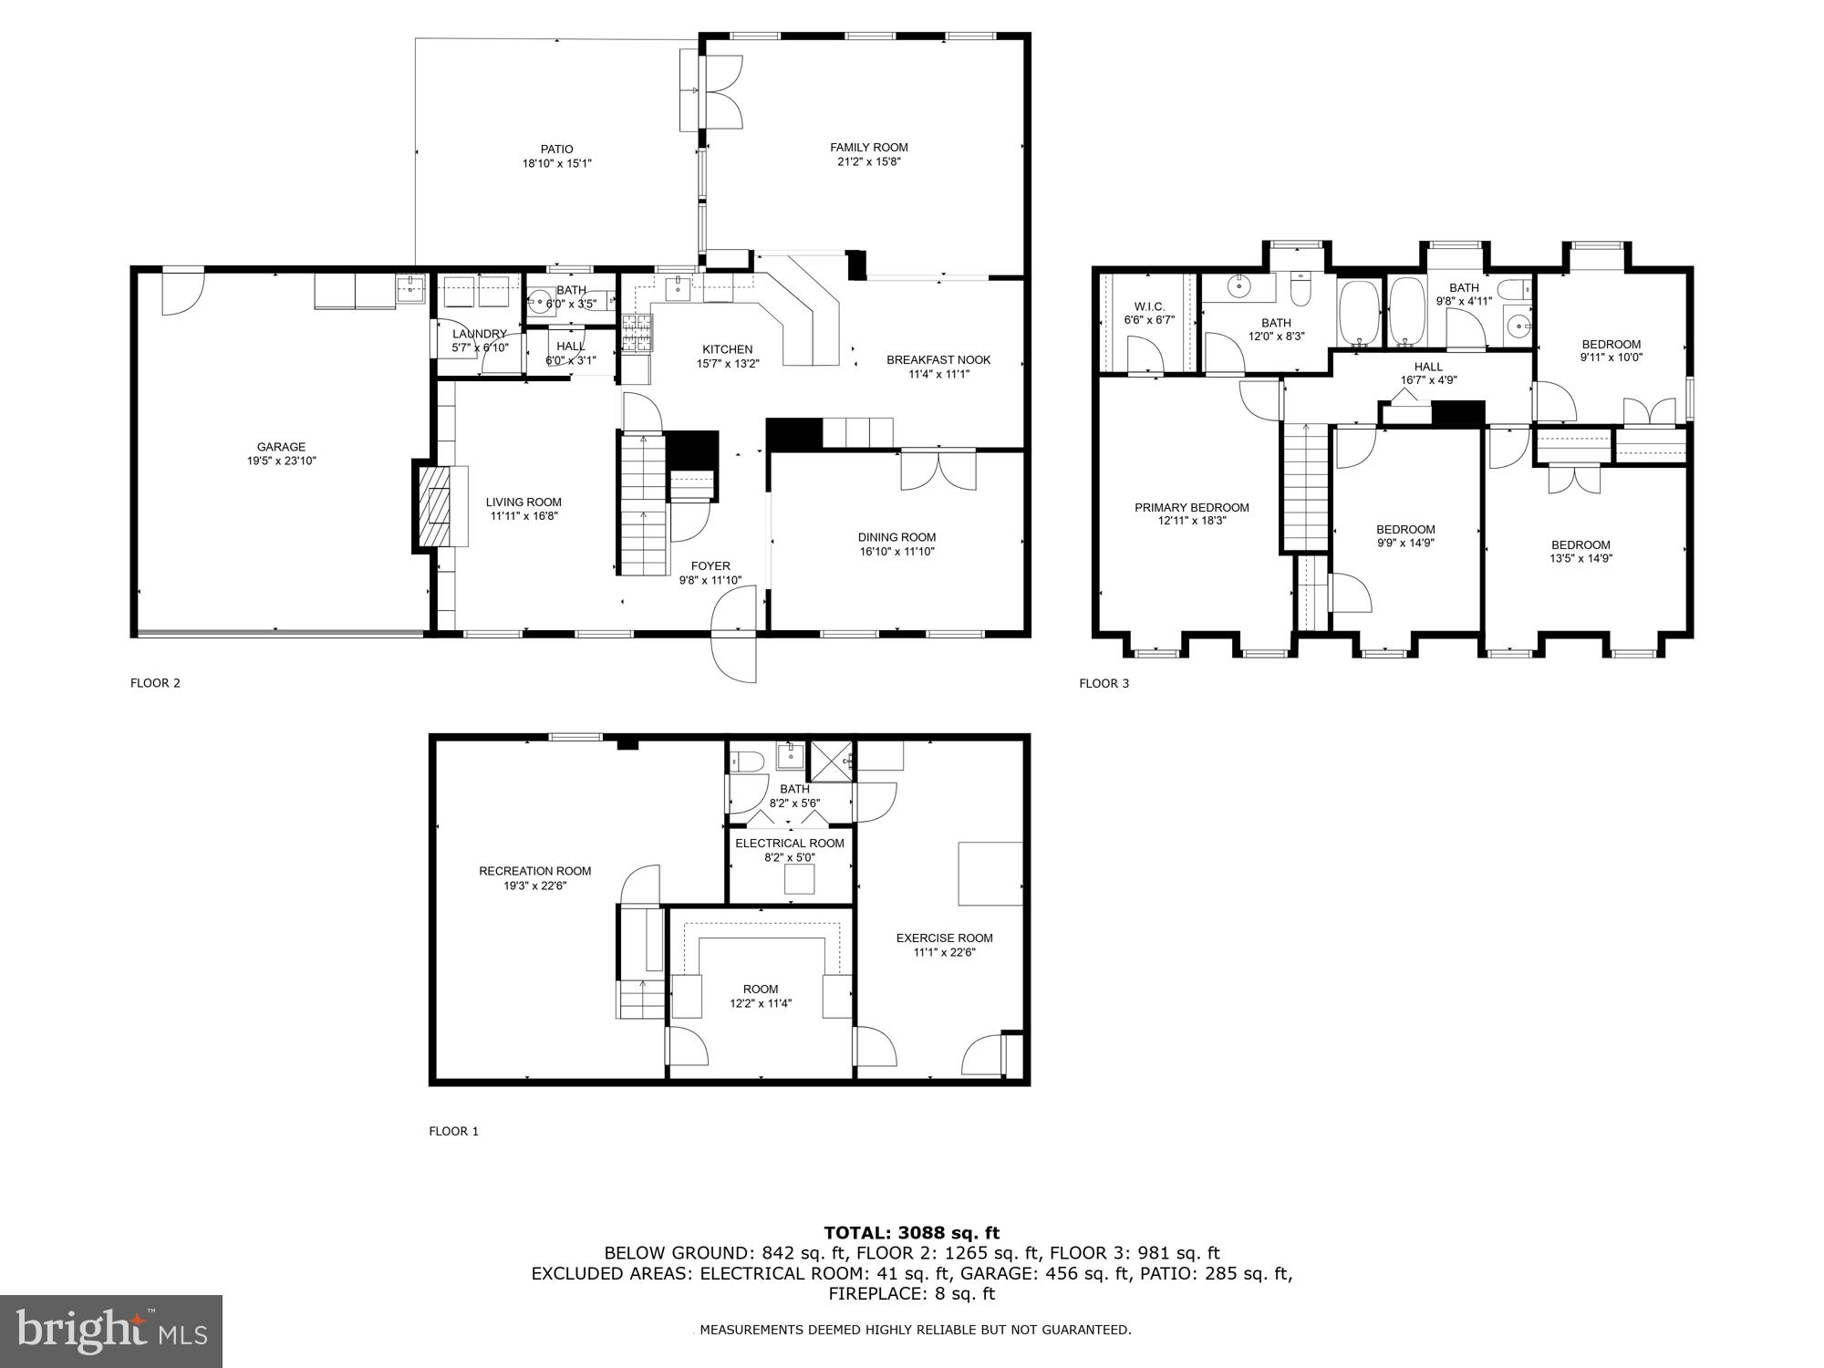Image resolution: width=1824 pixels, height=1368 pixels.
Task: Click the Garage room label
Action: pos(281,447)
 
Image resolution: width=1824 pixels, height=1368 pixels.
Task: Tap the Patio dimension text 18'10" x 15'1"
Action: pos(556,164)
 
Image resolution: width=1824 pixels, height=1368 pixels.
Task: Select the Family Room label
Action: pos(868,147)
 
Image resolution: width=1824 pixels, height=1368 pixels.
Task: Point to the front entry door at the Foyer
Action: pos(735,634)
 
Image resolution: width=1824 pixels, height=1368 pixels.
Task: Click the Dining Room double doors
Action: pos(938,470)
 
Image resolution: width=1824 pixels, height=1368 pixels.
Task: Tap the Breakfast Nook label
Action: pos(938,359)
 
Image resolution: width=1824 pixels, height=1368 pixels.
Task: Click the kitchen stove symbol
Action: pos(638,333)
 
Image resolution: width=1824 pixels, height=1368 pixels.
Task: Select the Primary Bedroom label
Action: pos(1191,507)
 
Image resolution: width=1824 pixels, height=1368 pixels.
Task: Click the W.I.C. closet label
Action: pos(1149,306)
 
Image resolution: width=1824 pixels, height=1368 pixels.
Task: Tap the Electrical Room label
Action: pos(790,844)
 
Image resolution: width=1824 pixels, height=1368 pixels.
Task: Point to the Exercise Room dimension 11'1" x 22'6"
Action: pos(945,952)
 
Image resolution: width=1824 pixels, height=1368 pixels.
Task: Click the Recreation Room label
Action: pos(535,871)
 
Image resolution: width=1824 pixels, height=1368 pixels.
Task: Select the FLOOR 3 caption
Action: pos(1104,683)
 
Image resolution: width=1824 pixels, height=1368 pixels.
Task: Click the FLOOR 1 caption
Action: pos(453,1131)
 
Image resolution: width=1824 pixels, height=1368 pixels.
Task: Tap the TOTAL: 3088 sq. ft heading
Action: pos(911,1233)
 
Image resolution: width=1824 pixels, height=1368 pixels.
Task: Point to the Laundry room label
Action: pos(479,334)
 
